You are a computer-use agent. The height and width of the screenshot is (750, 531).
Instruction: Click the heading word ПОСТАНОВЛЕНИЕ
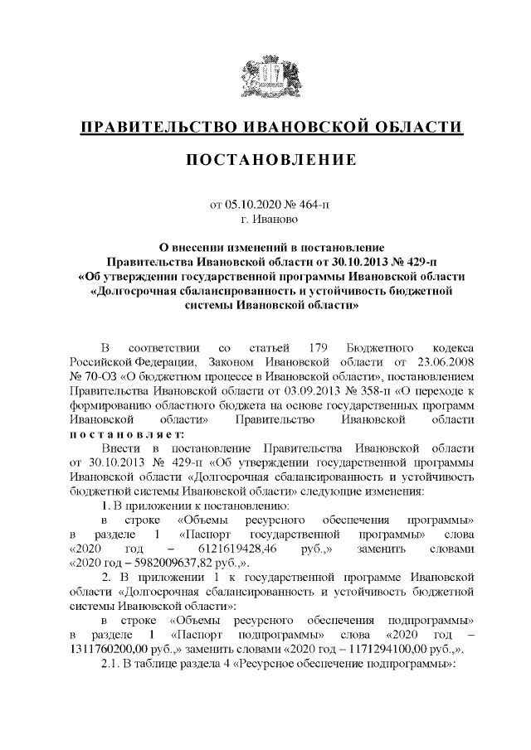point(265,157)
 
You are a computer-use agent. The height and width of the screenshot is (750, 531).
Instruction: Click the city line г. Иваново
point(265,220)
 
